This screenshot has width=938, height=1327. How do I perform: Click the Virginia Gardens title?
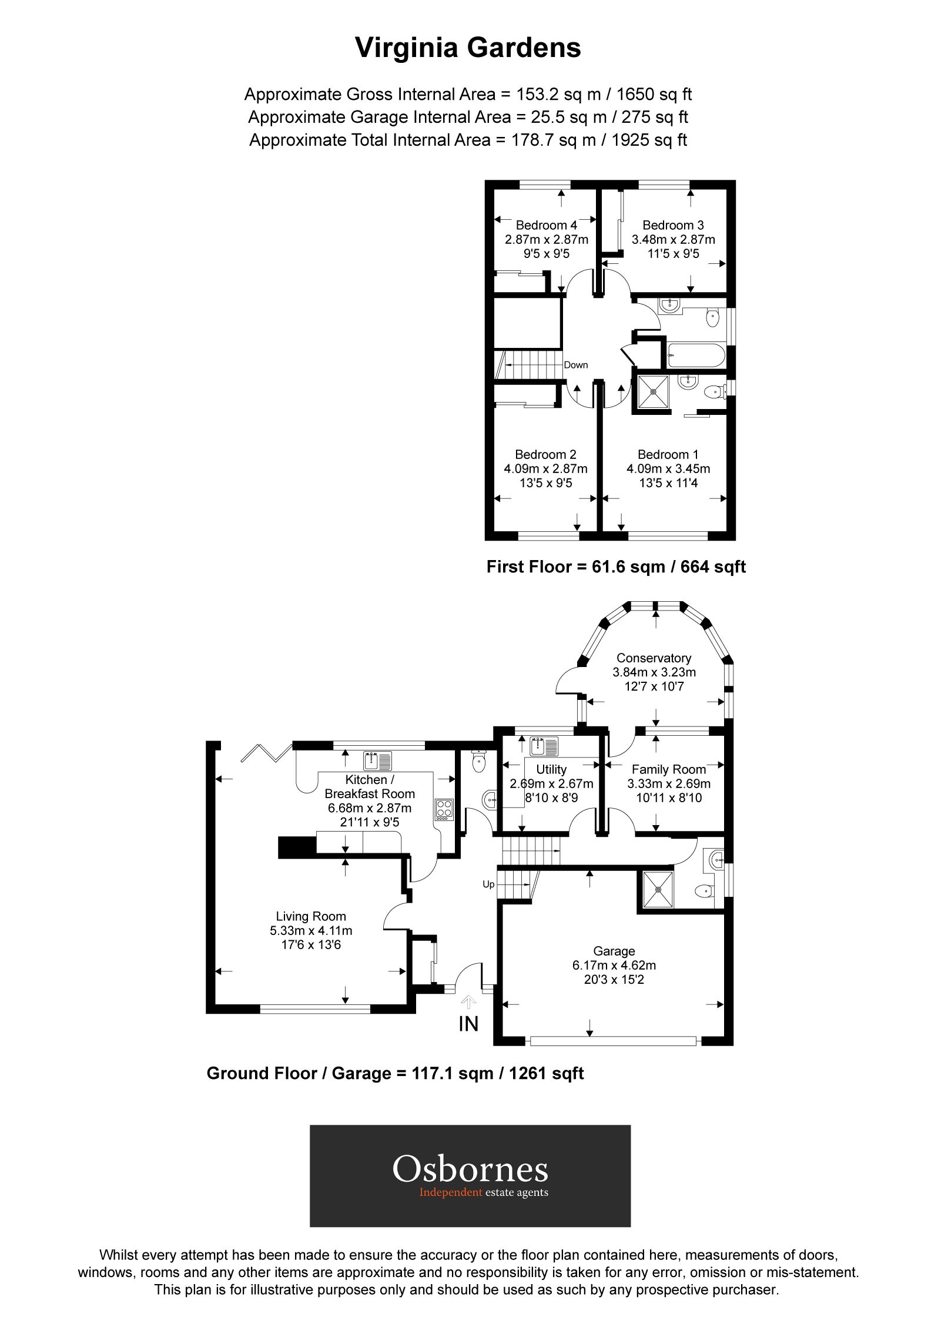[x=468, y=48]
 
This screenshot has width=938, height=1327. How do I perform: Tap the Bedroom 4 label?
[x=546, y=225]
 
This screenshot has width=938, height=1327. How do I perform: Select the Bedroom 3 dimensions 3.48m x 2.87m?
[x=673, y=240]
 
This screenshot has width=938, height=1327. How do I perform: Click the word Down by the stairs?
[x=575, y=365]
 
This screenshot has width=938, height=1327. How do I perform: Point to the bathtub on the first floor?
[x=696, y=355]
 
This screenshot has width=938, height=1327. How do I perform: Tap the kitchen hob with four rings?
[x=444, y=809]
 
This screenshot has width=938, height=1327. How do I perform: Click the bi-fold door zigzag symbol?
[x=266, y=753]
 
